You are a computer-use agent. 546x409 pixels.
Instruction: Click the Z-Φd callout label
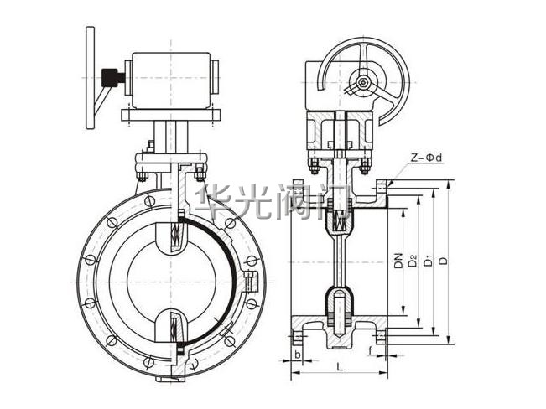point(425,158)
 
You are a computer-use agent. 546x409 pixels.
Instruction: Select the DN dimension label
point(398,261)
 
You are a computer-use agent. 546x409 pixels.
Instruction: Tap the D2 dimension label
point(413,261)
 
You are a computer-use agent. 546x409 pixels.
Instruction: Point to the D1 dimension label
point(428,261)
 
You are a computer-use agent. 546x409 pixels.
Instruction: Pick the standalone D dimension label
point(443,261)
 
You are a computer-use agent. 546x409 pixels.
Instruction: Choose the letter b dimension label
point(298,355)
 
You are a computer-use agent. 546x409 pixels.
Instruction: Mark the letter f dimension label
point(370,351)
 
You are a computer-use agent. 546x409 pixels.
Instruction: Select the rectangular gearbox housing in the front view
point(171,80)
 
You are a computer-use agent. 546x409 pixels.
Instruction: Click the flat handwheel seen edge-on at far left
point(91,78)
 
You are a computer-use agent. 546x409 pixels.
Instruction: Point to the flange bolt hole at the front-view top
point(149,201)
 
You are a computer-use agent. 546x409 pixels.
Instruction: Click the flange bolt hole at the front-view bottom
point(149,362)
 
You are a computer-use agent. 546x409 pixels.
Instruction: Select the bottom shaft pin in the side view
point(339,316)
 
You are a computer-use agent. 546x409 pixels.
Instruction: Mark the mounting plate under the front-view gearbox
point(171,115)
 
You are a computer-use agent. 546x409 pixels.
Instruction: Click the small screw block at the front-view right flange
point(251,282)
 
